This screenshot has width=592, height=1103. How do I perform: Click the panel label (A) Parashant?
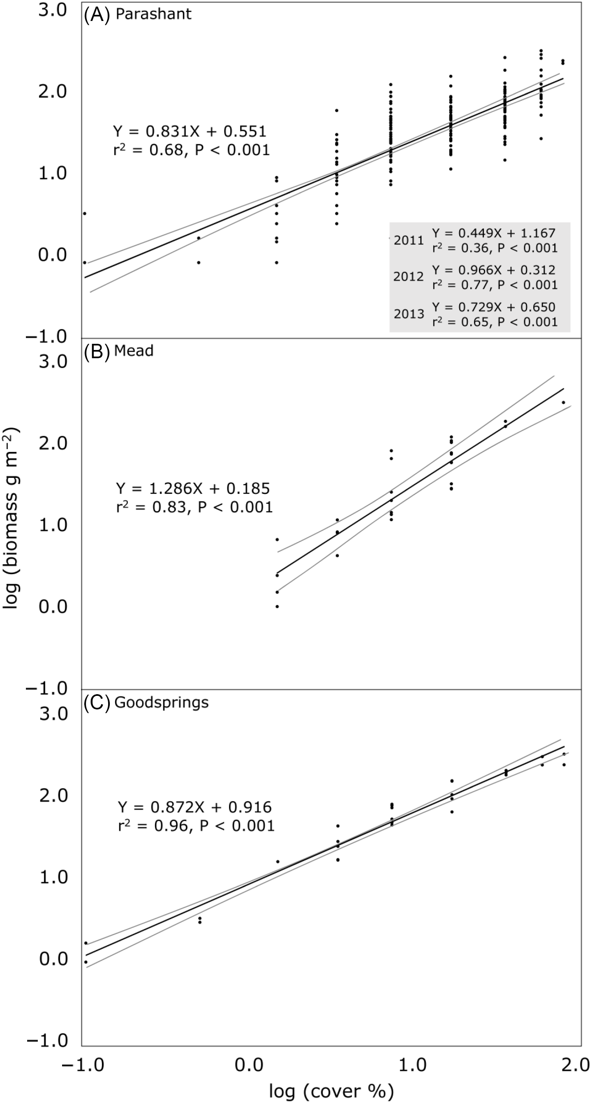[137, 14]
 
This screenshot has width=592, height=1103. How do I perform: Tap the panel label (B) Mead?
[118, 351]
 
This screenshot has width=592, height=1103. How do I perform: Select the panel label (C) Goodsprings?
[146, 703]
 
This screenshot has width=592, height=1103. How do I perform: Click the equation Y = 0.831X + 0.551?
[190, 131]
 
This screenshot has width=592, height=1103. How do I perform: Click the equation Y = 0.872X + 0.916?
[195, 807]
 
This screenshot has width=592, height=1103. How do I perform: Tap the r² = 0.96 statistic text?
[196, 825]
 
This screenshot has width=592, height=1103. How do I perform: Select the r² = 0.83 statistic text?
[194, 507]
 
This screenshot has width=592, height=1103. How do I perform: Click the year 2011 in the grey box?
[408, 241]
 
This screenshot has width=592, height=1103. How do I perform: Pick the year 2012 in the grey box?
[408, 277]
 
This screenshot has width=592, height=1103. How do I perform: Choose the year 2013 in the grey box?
[409, 314]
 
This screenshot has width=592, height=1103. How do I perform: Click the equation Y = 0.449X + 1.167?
[494, 233]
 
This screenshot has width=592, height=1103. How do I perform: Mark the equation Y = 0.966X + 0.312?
[494, 270]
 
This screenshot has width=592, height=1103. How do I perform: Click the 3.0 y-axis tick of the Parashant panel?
[53, 11]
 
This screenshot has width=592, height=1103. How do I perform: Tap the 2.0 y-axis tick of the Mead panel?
[53, 443]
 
